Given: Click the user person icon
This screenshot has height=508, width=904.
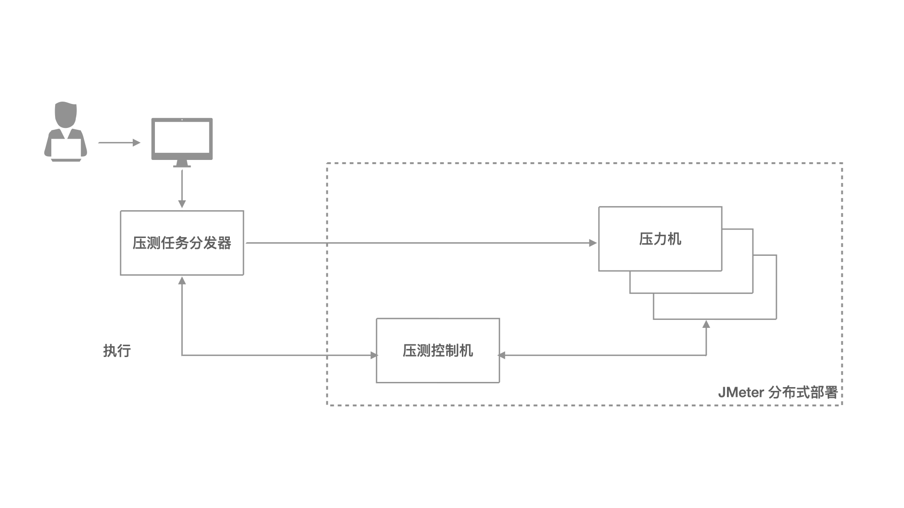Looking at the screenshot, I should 65,132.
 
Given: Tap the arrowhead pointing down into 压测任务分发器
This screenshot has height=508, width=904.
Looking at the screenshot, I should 182,204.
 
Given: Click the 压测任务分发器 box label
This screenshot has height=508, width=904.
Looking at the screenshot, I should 182,243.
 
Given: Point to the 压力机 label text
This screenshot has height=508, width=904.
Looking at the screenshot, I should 660,239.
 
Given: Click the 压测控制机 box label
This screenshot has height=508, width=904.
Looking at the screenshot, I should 437,350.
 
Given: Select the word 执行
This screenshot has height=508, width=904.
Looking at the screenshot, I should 117,350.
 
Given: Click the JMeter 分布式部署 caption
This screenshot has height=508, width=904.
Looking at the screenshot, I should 777,392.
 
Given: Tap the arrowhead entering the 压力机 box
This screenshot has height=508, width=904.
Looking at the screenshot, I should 593,243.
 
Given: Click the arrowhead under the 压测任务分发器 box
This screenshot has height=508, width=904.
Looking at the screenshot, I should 182,281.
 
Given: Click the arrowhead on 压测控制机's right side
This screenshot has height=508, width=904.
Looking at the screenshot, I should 502,355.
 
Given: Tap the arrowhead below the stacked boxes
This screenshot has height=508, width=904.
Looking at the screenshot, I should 706,324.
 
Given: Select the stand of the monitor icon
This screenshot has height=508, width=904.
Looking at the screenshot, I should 182,164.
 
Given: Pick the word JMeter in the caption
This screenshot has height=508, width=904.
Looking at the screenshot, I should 741,392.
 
